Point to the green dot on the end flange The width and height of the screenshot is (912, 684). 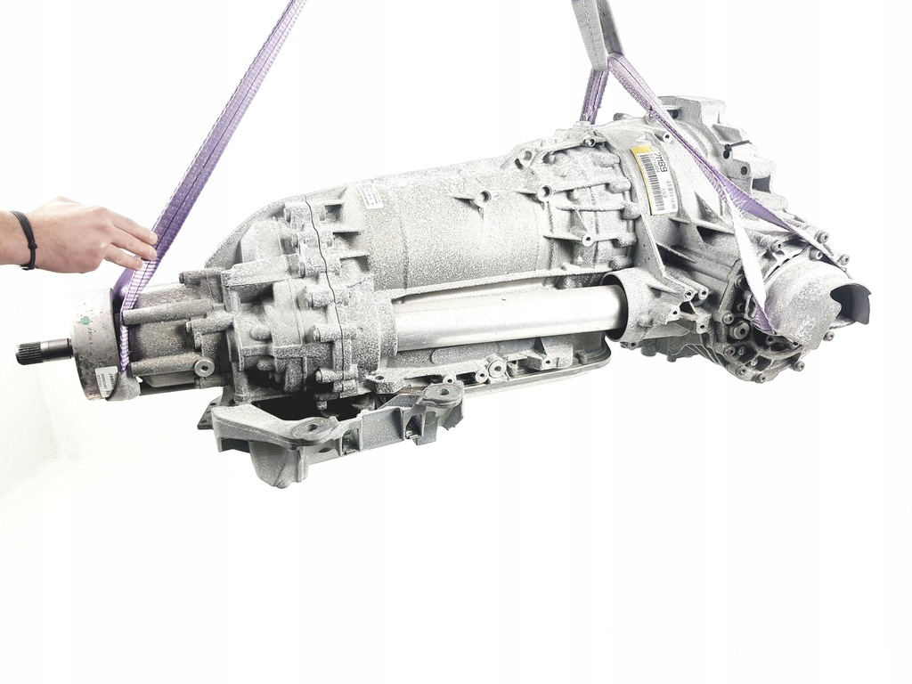(86, 318)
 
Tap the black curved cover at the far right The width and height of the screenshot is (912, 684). (850, 297)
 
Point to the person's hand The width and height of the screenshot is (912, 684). (89, 233)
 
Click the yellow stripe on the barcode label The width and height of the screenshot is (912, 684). (643, 183)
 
